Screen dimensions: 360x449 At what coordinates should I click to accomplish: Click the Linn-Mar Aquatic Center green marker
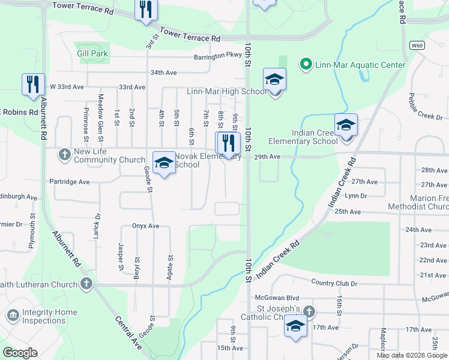tap(305, 64)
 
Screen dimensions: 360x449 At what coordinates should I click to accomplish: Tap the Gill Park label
tap(92, 53)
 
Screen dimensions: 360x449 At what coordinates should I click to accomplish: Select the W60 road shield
tap(417, 46)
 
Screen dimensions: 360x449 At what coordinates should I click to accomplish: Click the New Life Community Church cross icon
tap(65, 155)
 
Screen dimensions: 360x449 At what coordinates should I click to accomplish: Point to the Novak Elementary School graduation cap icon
tap(163, 163)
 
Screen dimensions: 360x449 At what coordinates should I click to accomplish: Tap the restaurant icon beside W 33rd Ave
tap(33, 85)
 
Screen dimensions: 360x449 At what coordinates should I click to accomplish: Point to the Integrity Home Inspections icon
tap(13, 316)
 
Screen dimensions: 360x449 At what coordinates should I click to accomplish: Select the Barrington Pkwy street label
tap(217, 55)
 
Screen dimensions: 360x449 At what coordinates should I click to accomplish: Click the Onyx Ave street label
tap(145, 226)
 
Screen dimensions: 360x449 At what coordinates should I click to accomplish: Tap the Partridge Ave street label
tap(70, 181)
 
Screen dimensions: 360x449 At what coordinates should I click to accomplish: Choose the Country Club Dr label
tap(334, 283)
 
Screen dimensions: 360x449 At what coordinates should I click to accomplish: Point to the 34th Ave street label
tap(163, 73)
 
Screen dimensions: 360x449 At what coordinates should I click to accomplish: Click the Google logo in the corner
tap(20, 352)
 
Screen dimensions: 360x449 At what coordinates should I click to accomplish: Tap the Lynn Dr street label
tap(355, 196)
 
